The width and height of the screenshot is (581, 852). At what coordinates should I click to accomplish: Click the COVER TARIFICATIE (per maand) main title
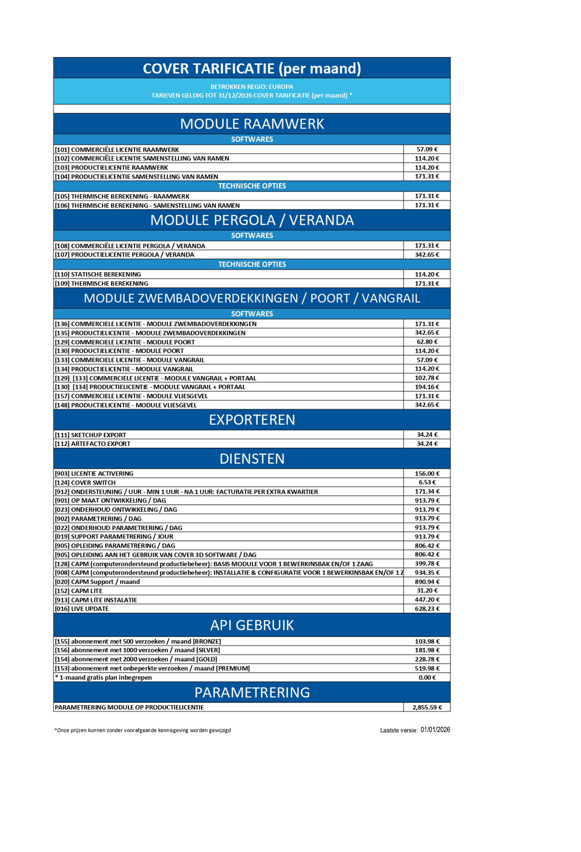pyautogui.click(x=252, y=68)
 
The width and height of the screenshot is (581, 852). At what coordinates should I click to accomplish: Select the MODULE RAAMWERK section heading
pyautogui.click(x=252, y=124)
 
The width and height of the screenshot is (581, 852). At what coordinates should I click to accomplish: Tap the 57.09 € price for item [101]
pyautogui.click(x=427, y=149)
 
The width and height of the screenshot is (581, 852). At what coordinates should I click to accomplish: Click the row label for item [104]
pyautogui.click(x=136, y=176)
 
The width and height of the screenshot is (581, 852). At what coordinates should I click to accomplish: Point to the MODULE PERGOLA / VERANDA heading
pyautogui.click(x=252, y=220)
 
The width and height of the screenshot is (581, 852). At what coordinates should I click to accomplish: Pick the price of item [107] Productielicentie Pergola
pyautogui.click(x=427, y=254)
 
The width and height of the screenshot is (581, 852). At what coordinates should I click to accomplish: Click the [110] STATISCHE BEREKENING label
pyautogui.click(x=98, y=274)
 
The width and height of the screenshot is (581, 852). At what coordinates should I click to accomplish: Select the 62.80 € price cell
pyautogui.click(x=427, y=342)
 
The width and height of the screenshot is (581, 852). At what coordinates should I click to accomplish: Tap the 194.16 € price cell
pyautogui.click(x=427, y=387)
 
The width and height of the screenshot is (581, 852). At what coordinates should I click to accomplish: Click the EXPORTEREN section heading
pyautogui.click(x=252, y=420)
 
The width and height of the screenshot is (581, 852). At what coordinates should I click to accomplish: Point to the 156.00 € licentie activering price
pyautogui.click(x=427, y=473)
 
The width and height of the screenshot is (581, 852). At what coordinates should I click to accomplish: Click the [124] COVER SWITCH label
pyautogui.click(x=85, y=482)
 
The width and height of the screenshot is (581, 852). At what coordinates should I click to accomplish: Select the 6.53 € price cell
pyautogui.click(x=427, y=482)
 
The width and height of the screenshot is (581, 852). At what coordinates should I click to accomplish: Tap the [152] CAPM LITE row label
pyautogui.click(x=78, y=591)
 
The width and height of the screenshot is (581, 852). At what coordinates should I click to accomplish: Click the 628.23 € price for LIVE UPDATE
pyautogui.click(x=427, y=609)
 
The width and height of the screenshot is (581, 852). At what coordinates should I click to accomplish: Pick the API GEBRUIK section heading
pyautogui.click(x=252, y=626)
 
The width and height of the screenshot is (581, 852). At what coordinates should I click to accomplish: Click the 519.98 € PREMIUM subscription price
pyautogui.click(x=427, y=668)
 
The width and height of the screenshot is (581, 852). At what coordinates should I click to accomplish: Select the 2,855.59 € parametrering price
pyautogui.click(x=427, y=707)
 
